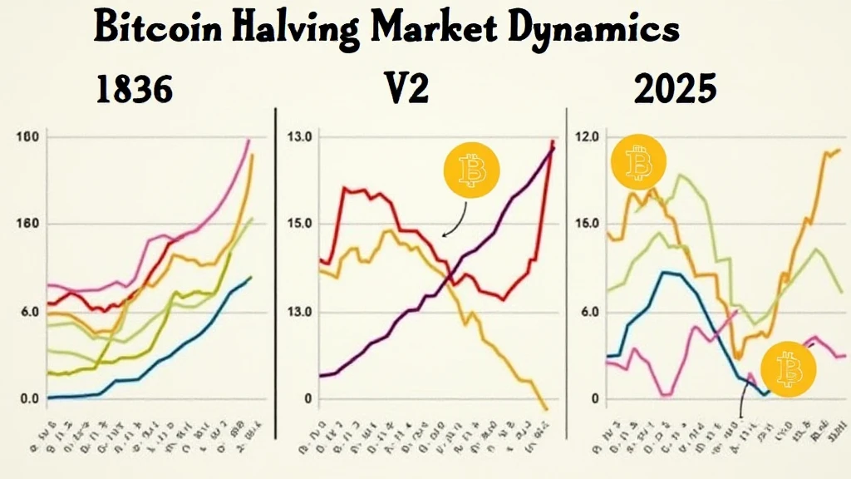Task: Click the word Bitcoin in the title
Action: click(157, 29)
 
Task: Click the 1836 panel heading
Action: click(134, 89)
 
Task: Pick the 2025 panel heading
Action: click(674, 89)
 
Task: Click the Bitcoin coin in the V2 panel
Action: click(472, 170)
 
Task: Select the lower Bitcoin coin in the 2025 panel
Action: click(789, 367)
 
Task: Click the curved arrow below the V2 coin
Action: click(455, 220)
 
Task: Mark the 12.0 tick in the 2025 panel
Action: click(586, 136)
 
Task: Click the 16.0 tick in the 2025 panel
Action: click(586, 224)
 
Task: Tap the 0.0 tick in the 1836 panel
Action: click(29, 399)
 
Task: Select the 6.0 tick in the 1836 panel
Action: click(29, 313)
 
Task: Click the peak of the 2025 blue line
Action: click(664, 272)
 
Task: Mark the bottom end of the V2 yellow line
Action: click(545, 408)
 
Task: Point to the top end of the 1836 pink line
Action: click(248, 141)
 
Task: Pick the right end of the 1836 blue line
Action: click(251, 277)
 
